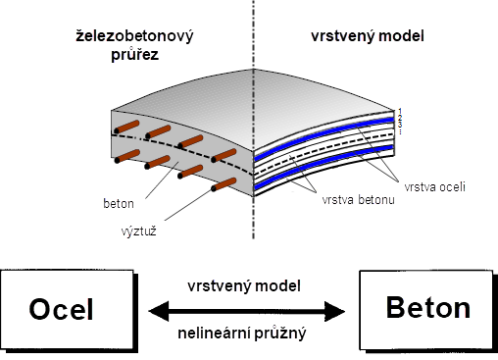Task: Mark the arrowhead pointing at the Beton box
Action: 338,310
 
